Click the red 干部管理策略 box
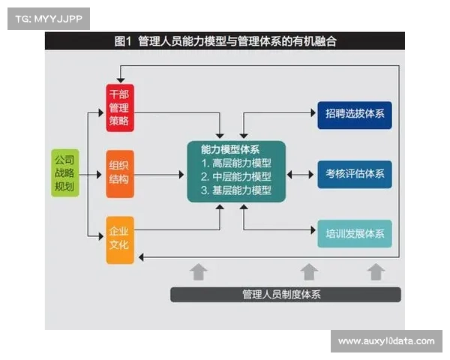tap(119, 109)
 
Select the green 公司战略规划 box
tap(64, 173)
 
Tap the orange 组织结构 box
tap(119, 173)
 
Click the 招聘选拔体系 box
tap(354, 115)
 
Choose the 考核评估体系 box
tap(354, 174)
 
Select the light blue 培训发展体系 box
tap(354, 234)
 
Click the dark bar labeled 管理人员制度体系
tap(285, 294)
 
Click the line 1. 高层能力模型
tap(235, 163)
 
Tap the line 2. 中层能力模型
tap(235, 177)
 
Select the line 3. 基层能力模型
tap(235, 191)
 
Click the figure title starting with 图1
tap(226, 41)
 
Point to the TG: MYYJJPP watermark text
tap(48, 17)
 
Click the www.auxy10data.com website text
tap(385, 341)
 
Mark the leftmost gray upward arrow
tap(198, 271)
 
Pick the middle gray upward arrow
tap(309, 271)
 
